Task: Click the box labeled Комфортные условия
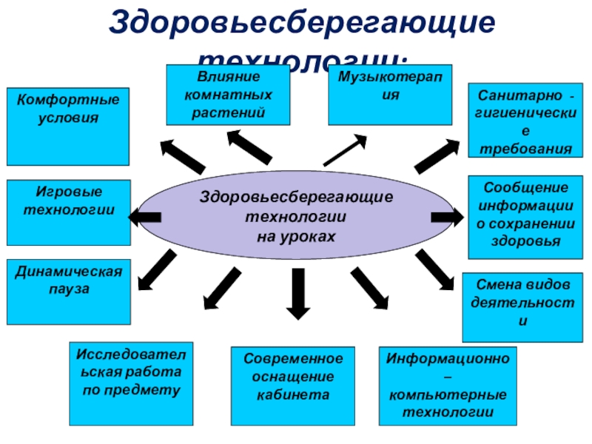pos(67,126)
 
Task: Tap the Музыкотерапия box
pos(389,94)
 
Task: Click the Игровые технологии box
pos(69,212)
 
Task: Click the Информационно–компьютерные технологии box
pos(447,385)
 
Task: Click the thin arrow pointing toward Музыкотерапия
pos(345,150)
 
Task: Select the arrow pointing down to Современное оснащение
pos(297,293)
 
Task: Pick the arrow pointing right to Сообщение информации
pos(447,217)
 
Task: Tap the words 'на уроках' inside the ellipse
pos(297,235)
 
